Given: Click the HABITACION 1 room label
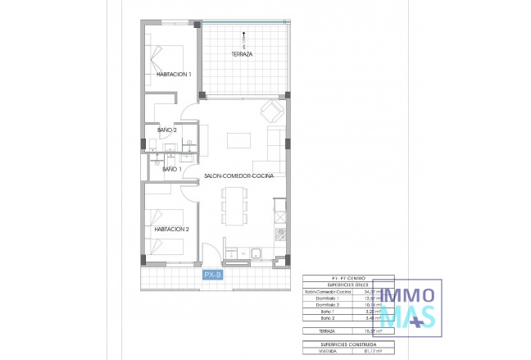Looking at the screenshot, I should click(173, 75).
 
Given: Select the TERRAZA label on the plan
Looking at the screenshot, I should click(242, 54).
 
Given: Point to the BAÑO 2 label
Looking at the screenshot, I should click(167, 130).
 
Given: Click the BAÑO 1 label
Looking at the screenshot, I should click(172, 169).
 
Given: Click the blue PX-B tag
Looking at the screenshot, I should click(212, 275).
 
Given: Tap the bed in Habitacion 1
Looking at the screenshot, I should click(167, 54).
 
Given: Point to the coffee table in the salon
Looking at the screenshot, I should click(238, 139).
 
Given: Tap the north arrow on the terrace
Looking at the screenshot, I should click(243, 35).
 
